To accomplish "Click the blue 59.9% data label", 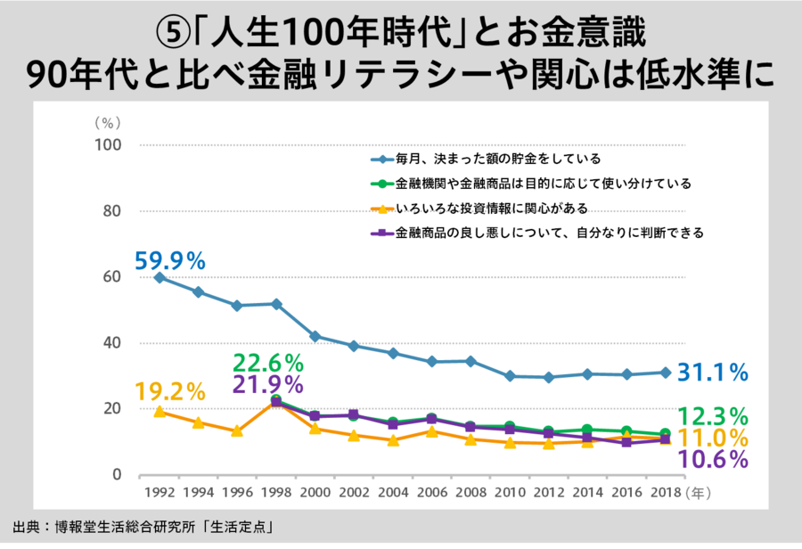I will coord(170,261).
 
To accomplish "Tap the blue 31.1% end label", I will coord(713,373).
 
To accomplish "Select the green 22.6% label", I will coord(268,364).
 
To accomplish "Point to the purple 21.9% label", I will coord(268,385).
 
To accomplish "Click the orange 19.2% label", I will coord(170,391).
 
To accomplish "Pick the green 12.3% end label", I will coord(713,416).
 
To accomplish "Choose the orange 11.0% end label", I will coord(713,438).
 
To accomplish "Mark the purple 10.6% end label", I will coord(713,459).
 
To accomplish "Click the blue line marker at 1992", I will coord(160,277).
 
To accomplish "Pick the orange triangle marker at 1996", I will coord(237,431).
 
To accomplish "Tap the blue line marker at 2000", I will coord(315,336).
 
